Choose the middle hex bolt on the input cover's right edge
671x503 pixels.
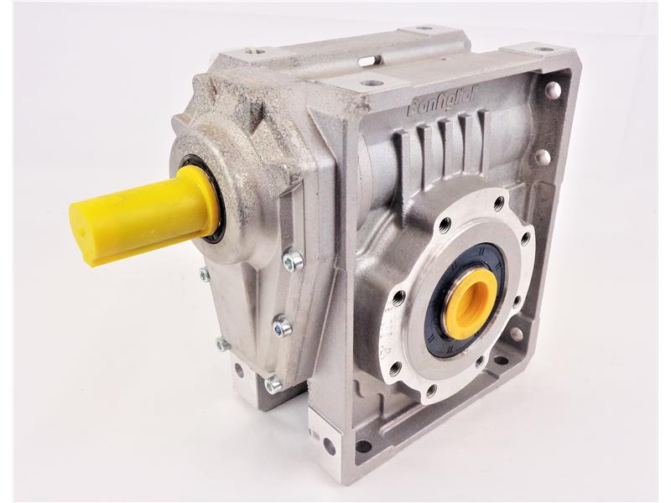283,325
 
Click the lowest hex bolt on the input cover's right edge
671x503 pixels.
273,384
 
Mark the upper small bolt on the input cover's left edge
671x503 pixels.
205,273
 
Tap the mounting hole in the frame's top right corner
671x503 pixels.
554,89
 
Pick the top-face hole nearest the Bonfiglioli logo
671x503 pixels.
370,84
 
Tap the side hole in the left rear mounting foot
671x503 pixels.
239,370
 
